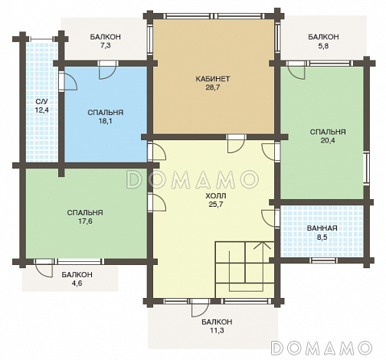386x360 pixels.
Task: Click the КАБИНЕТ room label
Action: tap(213, 79)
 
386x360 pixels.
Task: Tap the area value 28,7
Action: tap(213, 87)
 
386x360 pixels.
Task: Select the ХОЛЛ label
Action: tap(216, 196)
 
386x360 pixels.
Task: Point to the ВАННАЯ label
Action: tap(322, 228)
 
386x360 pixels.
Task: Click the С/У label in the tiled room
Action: tap(42, 102)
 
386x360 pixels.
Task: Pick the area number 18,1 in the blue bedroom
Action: tap(106, 121)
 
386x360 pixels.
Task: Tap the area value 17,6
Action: tap(85, 221)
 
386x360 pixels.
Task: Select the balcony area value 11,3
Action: tap(217, 330)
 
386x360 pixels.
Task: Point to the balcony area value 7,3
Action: tap(105, 46)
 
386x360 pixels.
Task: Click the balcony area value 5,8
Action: tap(323, 46)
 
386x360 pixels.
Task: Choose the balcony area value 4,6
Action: tap(77, 283)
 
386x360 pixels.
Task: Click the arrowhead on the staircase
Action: tap(262, 244)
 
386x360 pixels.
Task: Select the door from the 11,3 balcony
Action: tap(200, 308)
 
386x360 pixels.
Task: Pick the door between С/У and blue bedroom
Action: tap(67, 81)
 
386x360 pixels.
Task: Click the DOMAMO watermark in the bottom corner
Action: tap(322, 347)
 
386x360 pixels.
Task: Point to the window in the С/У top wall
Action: tap(41, 39)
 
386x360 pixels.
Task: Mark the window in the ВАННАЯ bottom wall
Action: tap(323, 260)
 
